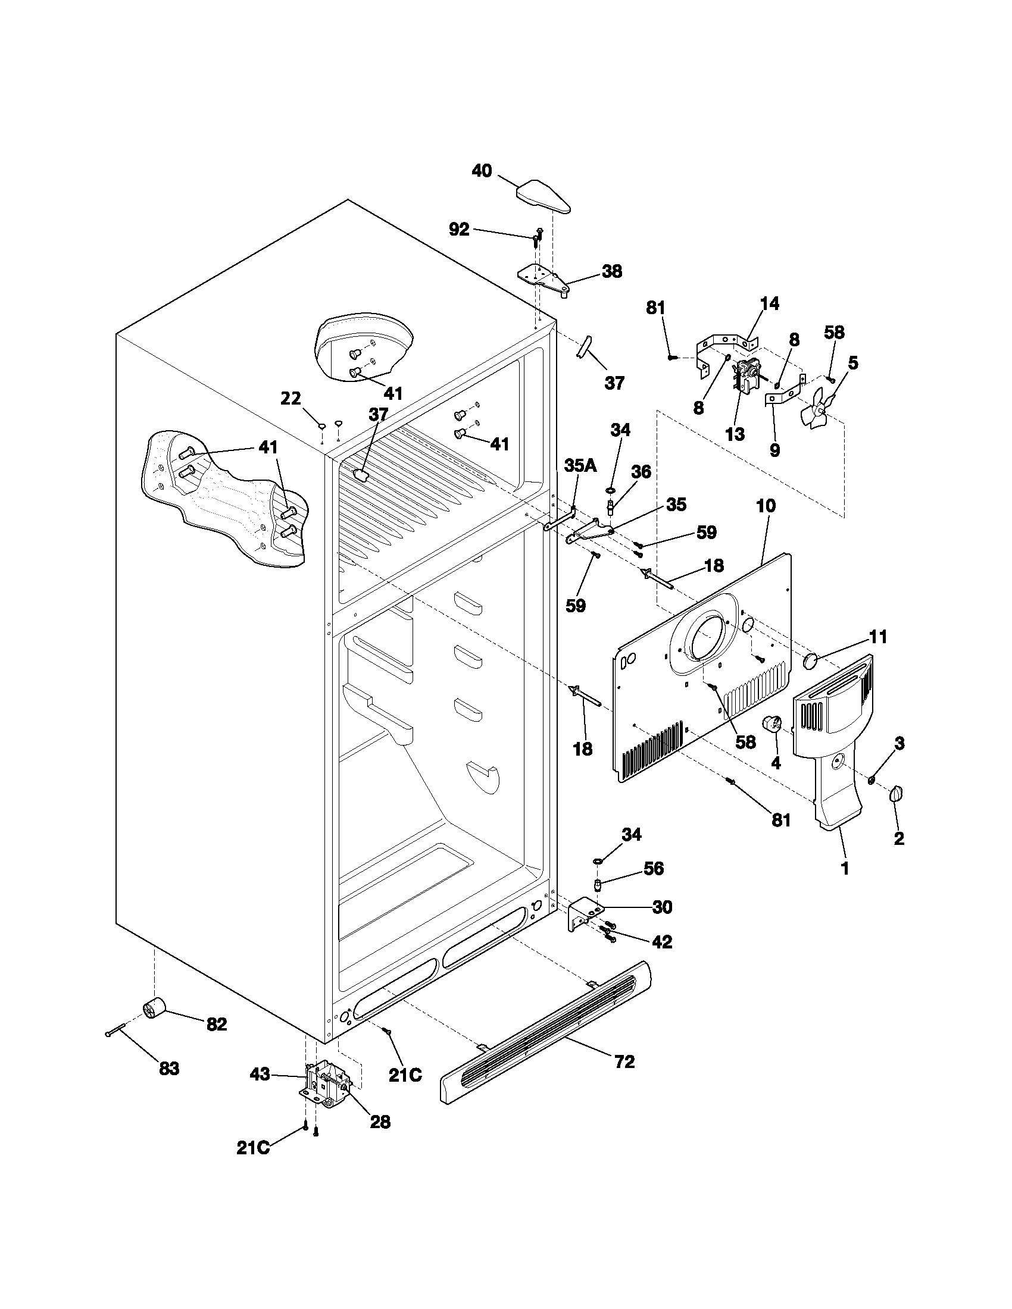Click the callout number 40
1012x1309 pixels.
pyautogui.click(x=482, y=171)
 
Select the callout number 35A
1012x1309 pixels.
pyautogui.click(x=580, y=466)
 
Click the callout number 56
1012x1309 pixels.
pyautogui.click(x=654, y=868)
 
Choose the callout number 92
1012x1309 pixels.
pyautogui.click(x=458, y=229)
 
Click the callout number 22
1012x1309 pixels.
pyautogui.click(x=291, y=398)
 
